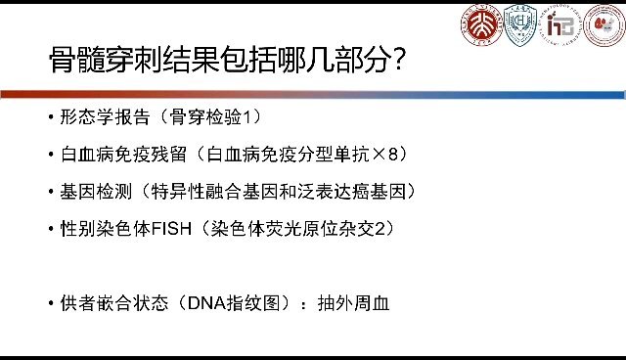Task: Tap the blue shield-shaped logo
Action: [519, 25]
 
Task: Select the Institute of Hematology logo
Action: [561, 26]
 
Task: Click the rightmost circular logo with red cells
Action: [604, 26]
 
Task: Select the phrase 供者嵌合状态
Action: [111, 302]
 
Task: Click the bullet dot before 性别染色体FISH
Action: [50, 228]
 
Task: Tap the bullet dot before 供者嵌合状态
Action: [50, 302]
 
